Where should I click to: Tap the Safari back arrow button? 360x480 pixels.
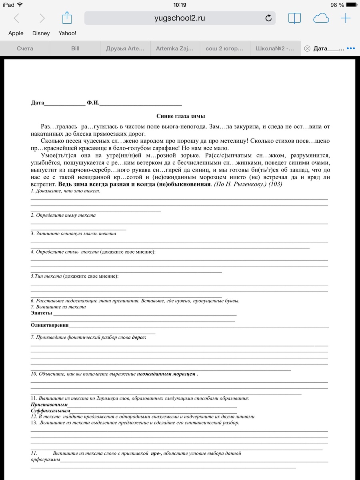pos(16,18)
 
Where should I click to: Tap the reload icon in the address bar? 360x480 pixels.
pos(268,18)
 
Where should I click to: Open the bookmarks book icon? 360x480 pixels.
pos(294,18)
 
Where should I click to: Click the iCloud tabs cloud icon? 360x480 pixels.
pos(321,18)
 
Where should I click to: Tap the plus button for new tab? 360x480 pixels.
pos(345,18)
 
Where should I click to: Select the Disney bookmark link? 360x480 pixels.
pos(41,33)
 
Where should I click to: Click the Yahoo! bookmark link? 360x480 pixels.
pos(67,33)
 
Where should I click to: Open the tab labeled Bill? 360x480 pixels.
pos(75,48)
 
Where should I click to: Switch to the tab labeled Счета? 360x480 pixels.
pos(25,48)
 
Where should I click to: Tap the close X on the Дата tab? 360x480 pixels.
pos(307,48)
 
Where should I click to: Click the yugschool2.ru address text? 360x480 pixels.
pos(180,18)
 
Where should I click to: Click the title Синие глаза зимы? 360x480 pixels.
pos(180,116)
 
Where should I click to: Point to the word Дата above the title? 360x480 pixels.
pos(37,103)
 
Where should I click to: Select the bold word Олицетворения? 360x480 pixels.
pos(50,325)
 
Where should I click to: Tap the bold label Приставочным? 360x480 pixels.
pos(49,404)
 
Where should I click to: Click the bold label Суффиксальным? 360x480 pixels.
pos(50,410)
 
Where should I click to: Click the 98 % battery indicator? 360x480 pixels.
pos(337,5)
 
